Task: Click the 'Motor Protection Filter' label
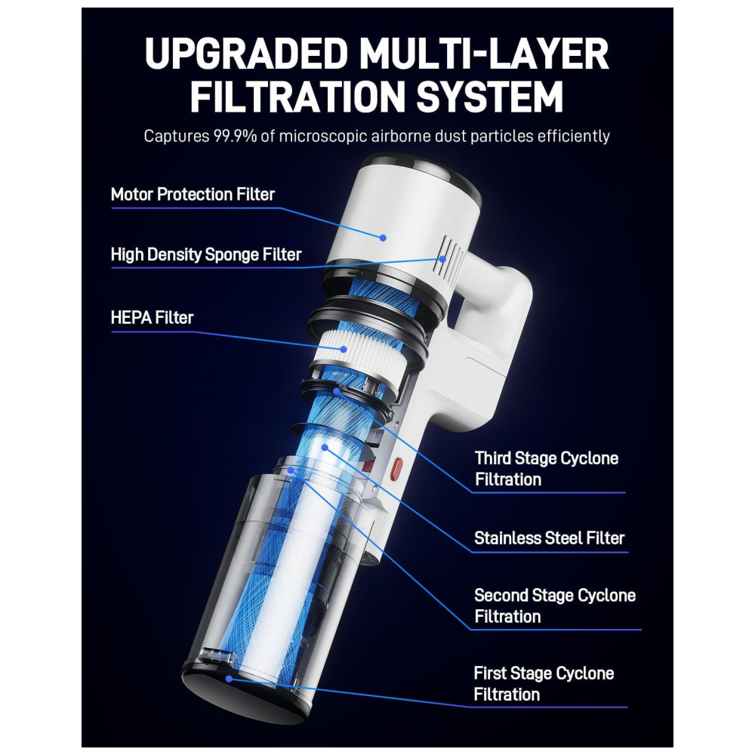pyautogui.click(x=193, y=195)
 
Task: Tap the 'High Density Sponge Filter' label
pyautogui.click(x=206, y=254)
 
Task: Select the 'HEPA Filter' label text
pyautogui.click(x=153, y=318)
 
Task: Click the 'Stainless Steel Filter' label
pyautogui.click(x=550, y=538)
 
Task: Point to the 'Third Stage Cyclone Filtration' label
pyautogui.click(x=547, y=469)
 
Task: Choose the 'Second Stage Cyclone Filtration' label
pyautogui.click(x=555, y=606)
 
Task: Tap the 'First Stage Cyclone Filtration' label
pyautogui.click(x=544, y=684)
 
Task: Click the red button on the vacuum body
pyautogui.click(x=397, y=470)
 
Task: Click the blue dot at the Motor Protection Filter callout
pyautogui.click(x=383, y=237)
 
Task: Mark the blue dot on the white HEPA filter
pyautogui.click(x=344, y=349)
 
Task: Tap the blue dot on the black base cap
pyautogui.click(x=230, y=679)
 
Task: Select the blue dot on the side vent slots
pyautogui.click(x=442, y=258)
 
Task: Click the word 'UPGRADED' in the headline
pyautogui.click(x=247, y=54)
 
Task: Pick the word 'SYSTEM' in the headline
pyautogui.click(x=490, y=97)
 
